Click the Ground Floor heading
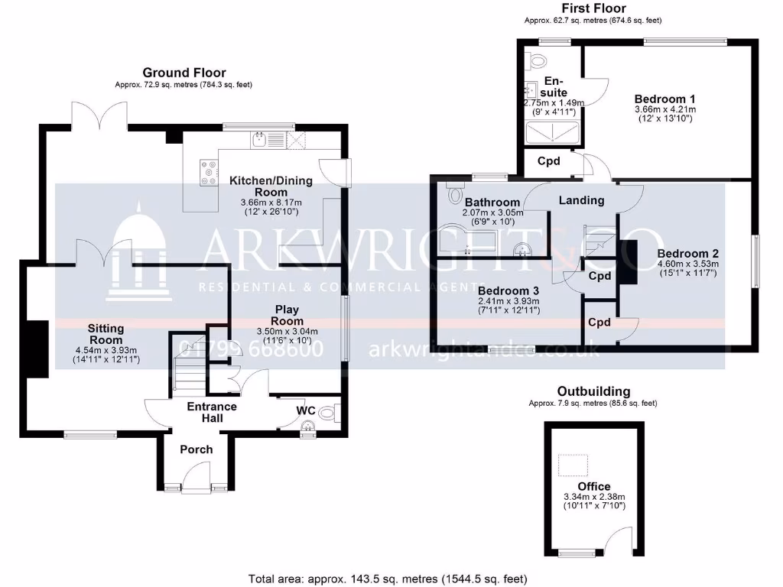(x=184, y=73)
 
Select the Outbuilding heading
(x=593, y=391)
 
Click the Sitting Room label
(x=106, y=334)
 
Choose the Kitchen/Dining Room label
(x=259, y=186)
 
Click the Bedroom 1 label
(x=664, y=99)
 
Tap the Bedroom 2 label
(x=687, y=253)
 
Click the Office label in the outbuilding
(x=594, y=486)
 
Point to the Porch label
(x=196, y=449)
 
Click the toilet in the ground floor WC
(x=328, y=413)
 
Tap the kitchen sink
(x=262, y=139)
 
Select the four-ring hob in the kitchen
(x=208, y=173)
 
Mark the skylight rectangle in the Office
(x=573, y=464)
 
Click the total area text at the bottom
(x=388, y=579)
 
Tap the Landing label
(x=581, y=200)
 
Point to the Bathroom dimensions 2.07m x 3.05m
(x=493, y=212)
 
